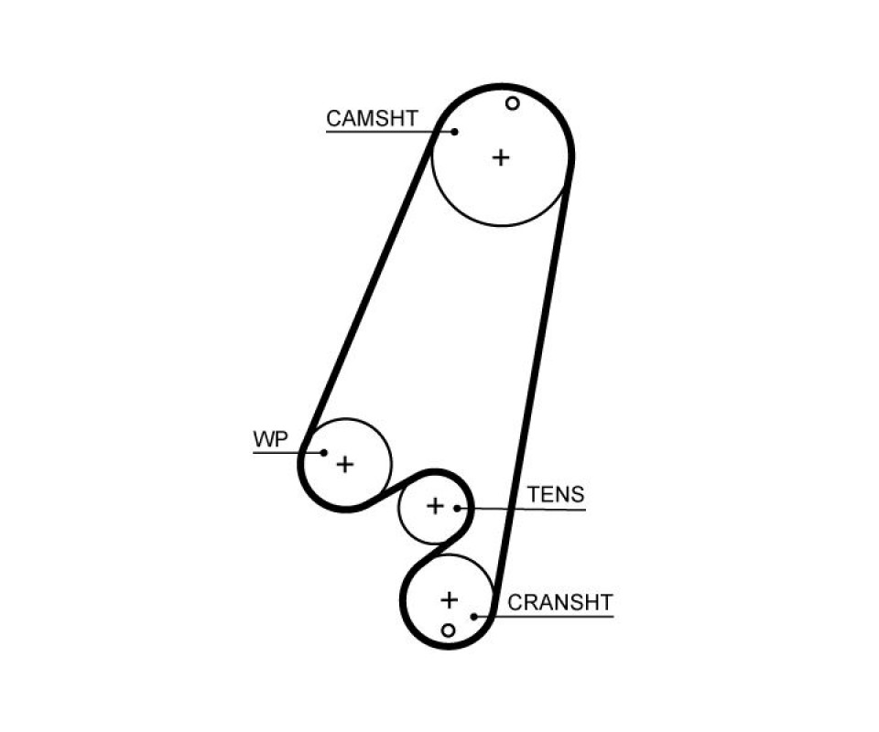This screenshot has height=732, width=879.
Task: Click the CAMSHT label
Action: pos(373,118)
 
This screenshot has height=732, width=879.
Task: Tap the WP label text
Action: pos(271,439)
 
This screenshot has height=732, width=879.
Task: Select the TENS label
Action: pos(556,494)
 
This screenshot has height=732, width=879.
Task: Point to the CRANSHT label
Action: pos(560,602)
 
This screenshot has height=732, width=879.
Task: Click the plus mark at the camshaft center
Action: pos(501,157)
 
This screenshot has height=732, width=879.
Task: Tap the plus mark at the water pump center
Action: pos(345,464)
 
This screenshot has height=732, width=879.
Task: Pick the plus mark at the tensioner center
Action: pos(435,506)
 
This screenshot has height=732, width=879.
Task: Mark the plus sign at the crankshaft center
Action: pos(449,600)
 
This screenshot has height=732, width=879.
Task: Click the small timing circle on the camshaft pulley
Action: pos(513,103)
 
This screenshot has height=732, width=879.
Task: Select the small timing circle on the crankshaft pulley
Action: pos(448,630)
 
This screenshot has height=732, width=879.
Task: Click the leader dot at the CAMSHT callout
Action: pos(455,132)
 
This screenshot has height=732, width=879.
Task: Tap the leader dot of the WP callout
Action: pos(323,453)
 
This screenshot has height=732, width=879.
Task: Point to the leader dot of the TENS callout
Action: pos(458,509)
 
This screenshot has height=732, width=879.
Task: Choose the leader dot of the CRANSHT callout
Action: pos(474,617)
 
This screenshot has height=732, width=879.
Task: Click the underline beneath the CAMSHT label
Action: pos(390,132)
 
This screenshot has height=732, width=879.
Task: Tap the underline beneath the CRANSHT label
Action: pos(544,617)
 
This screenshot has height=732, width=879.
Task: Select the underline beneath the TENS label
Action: pos(521,509)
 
